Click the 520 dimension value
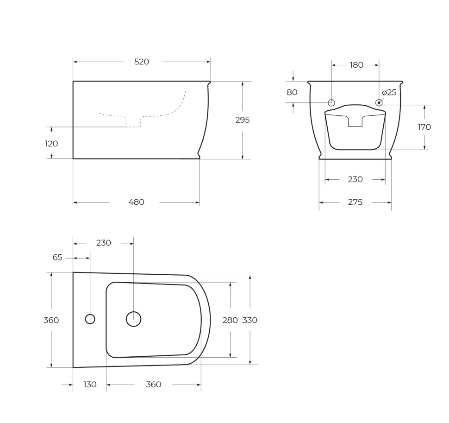tap(142, 62)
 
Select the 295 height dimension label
tap(242, 120)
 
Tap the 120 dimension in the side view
tap(51, 144)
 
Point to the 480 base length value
tap(136, 202)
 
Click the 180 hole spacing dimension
tap(356, 65)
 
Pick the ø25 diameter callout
tap(389, 93)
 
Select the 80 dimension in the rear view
tap(292, 92)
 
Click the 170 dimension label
tap(424, 127)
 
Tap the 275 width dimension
tap(355, 202)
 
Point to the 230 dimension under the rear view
tap(355, 179)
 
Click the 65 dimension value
tap(57, 258)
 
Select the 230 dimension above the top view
tap(104, 243)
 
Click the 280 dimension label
tap(230, 320)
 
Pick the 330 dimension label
tap(250, 320)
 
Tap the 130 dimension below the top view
tap(90, 385)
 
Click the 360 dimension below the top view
tap(153, 385)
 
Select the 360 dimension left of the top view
tap(51, 320)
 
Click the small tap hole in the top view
tap(90, 319)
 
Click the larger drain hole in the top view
tap(133, 319)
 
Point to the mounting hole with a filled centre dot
tap(379, 103)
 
